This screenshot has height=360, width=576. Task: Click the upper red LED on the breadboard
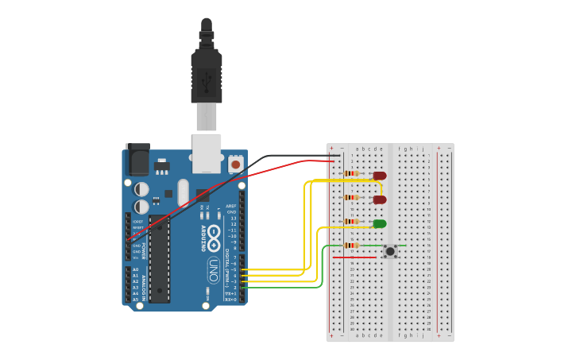pyautogui.click(x=380, y=176)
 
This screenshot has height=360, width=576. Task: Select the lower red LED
pyautogui.click(x=380, y=199)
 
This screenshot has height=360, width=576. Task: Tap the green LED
pyautogui.click(x=380, y=223)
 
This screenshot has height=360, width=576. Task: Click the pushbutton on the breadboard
pyautogui.click(x=390, y=251)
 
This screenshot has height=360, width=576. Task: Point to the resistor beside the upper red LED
pyautogui.click(x=350, y=173)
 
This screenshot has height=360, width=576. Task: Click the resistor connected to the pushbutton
pyautogui.click(x=350, y=246)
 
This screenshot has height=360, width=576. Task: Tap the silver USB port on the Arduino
pyautogui.click(x=207, y=153)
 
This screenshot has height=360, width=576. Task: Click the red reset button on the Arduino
pyautogui.click(x=235, y=164)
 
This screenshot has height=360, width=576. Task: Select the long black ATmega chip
pyautogui.click(x=159, y=261)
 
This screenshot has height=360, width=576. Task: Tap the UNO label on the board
pyautogui.click(x=213, y=270)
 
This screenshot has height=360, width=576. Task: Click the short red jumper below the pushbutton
pyautogui.click(x=354, y=257)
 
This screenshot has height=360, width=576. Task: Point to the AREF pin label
pyautogui.click(x=231, y=206)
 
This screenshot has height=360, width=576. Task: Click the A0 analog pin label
pyautogui.click(x=135, y=269)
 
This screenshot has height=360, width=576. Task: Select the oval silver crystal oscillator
pyautogui.click(x=184, y=193)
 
